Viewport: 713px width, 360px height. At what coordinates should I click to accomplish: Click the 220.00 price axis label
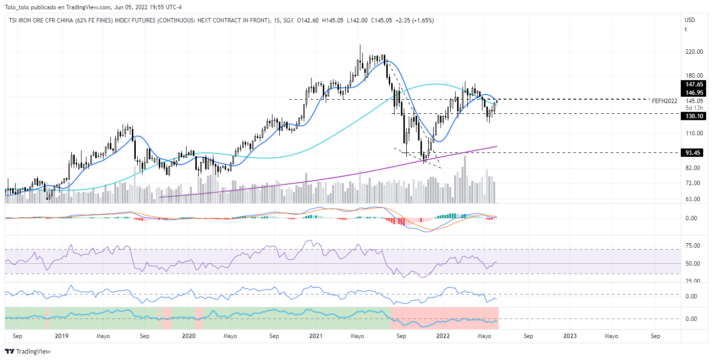[694, 52]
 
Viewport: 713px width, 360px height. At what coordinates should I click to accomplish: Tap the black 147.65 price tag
[694, 85]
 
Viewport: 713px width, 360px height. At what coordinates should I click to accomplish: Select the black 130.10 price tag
[694, 116]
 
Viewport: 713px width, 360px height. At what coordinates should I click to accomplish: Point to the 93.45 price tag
[694, 153]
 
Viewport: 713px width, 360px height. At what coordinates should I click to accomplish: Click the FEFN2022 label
[664, 101]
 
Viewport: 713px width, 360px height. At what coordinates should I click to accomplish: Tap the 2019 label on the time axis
[62, 336]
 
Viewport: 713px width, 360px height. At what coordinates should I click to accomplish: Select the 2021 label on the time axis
[316, 336]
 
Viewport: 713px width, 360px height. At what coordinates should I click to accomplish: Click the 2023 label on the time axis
[570, 336]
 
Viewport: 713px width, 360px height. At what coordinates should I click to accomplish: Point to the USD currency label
[690, 20]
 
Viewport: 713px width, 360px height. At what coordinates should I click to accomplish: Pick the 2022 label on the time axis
[443, 336]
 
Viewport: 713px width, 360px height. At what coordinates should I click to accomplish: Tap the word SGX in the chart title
[289, 20]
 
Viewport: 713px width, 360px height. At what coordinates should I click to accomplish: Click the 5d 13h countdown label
[694, 108]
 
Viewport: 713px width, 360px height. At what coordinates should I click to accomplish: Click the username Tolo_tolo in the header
[18, 7]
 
